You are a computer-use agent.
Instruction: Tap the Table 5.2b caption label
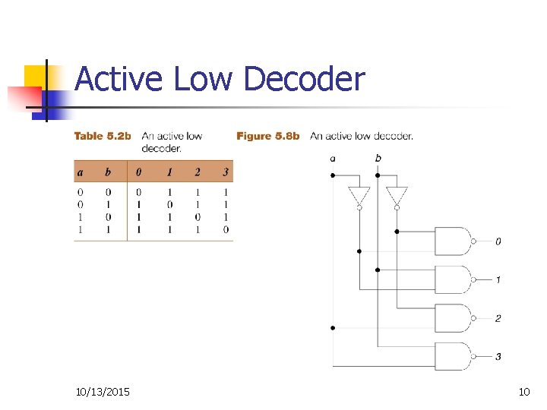[103, 137]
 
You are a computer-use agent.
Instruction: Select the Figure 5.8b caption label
[268, 137]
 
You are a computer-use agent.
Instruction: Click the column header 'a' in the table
[80, 172]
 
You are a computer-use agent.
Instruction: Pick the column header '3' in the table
[226, 172]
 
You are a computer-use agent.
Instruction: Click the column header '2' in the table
[197, 172]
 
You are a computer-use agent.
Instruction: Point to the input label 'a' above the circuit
[333, 159]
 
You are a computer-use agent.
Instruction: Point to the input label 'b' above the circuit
[378, 159]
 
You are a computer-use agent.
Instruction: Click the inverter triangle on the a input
[359, 196]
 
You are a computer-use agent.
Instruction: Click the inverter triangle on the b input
[397, 196]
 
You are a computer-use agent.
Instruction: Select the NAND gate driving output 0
[453, 241]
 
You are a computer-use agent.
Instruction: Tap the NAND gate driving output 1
[453, 279]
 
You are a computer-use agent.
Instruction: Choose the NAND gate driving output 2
[453, 318]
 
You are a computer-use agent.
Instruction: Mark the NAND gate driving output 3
[453, 356]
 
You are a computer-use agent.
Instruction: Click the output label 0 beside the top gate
[498, 241]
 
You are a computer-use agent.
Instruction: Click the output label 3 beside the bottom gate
[498, 357]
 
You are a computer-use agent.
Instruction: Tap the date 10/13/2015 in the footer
[103, 392]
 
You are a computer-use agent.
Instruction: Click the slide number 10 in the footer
[523, 392]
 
